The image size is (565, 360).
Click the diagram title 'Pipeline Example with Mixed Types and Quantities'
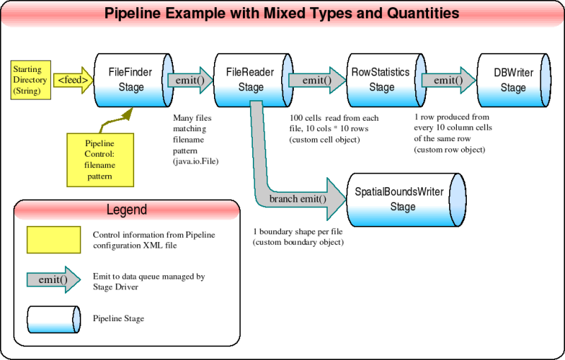[x=282, y=13]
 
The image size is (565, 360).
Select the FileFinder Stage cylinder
[x=126, y=80]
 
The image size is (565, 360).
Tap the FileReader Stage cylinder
[x=245, y=80]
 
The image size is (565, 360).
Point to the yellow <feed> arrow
[x=73, y=80]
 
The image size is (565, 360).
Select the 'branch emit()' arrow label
[x=298, y=198]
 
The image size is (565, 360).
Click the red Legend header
[x=127, y=210]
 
